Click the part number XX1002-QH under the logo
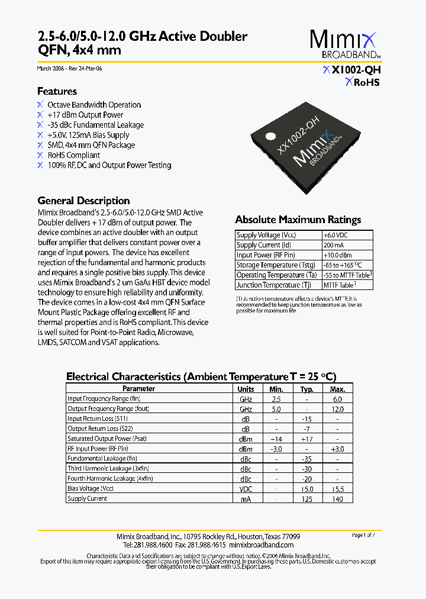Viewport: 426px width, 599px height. pyautogui.click(x=356, y=70)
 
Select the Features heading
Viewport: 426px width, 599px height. pyautogui.click(x=57, y=91)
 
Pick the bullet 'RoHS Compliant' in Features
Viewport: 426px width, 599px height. pyautogui.click(x=73, y=155)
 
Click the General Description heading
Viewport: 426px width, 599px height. pyautogui.click(x=83, y=201)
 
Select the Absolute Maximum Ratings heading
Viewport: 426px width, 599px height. pyautogui.click(x=298, y=220)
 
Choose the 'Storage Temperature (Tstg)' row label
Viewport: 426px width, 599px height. pyautogui.click(x=275, y=265)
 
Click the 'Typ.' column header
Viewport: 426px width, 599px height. pyautogui.click(x=306, y=389)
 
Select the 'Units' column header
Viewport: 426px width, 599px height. pyautogui.click(x=246, y=389)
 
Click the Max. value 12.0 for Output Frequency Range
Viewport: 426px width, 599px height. pyautogui.click(x=337, y=409)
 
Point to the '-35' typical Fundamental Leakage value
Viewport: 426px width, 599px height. pyautogui.click(x=306, y=459)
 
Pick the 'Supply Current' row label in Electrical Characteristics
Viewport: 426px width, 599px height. pyautogui.click(x=88, y=498)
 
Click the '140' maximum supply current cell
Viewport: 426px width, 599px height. pyautogui.click(x=337, y=498)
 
